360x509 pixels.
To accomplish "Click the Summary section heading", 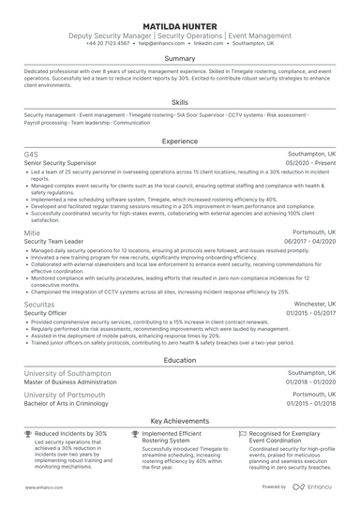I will click(x=179, y=58).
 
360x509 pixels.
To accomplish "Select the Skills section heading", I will click(x=179, y=102).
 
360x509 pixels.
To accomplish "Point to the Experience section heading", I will click(x=179, y=141).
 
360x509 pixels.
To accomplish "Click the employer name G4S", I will click(x=31, y=152).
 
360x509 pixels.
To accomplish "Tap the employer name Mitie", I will click(x=32, y=231).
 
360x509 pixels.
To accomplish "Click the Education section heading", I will click(x=179, y=359).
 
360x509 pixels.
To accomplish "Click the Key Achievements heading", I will click(x=179, y=422).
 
